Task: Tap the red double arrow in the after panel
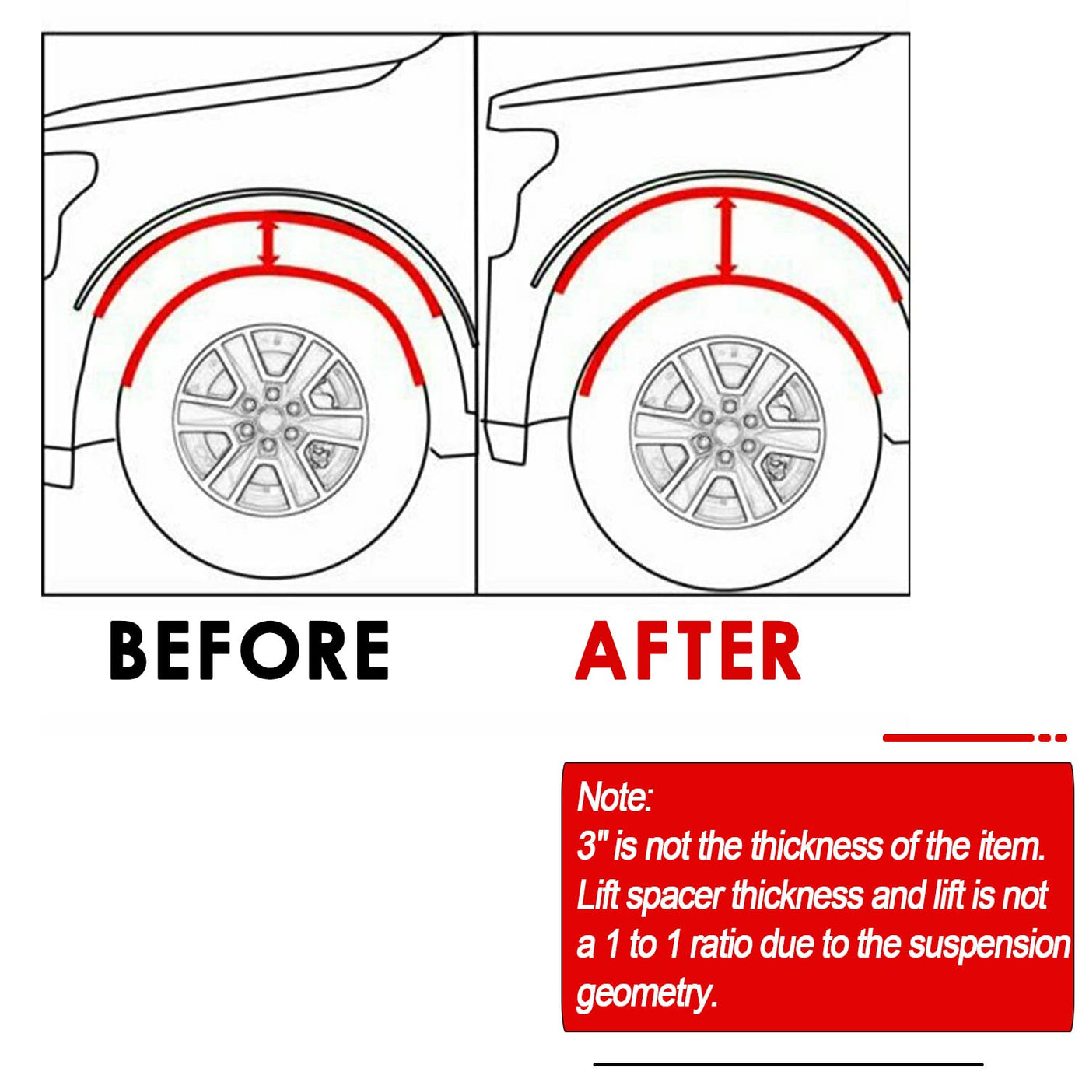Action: tap(727, 237)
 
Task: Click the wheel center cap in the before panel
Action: tap(270, 421)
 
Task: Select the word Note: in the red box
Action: tap(615, 797)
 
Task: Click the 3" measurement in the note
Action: tap(591, 846)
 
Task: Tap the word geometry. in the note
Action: tap(646, 993)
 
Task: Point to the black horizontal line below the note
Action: tap(788, 1064)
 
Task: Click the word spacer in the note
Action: tap(675, 895)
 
